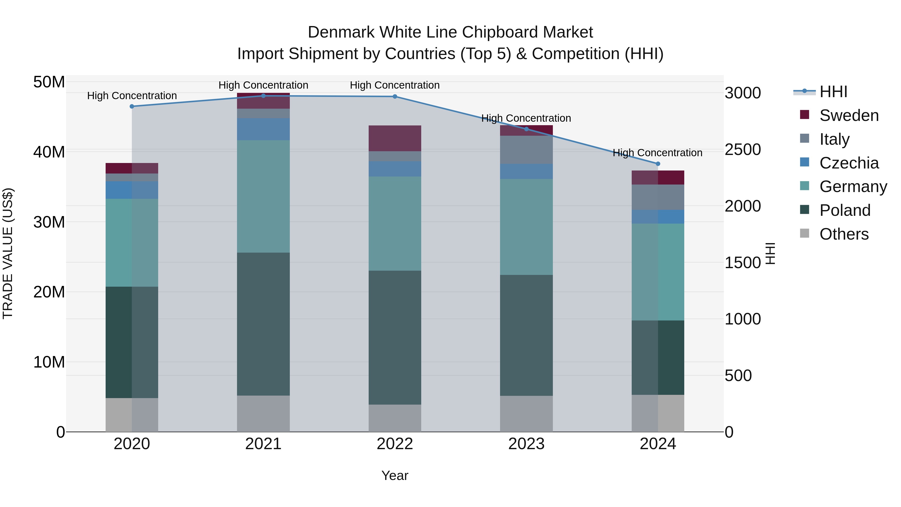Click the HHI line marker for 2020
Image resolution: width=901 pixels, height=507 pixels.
point(132,106)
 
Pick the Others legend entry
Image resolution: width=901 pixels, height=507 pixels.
point(844,234)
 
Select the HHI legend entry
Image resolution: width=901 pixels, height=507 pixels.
point(833,92)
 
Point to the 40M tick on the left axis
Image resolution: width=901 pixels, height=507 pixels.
point(49,152)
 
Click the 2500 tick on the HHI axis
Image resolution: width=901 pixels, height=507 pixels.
point(743,150)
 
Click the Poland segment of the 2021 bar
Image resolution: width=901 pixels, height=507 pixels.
point(263,324)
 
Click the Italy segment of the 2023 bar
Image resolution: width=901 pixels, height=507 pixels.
point(526,150)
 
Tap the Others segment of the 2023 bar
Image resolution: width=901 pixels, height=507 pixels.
point(526,414)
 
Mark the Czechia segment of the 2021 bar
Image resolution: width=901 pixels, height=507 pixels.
point(263,129)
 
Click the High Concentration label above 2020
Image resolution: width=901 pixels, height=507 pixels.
point(132,96)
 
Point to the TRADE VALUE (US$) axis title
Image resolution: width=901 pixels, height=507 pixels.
point(8,253)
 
